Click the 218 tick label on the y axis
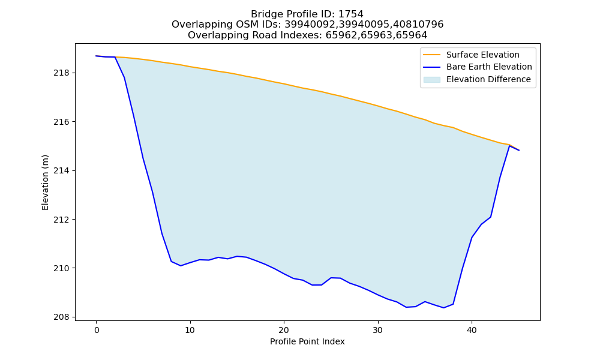[x=59, y=73]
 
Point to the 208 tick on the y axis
[x=74, y=317]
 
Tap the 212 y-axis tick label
[x=59, y=220]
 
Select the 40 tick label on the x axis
[x=472, y=330]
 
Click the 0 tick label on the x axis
[x=97, y=330]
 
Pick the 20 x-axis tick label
[x=284, y=330]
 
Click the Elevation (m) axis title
[x=45, y=182]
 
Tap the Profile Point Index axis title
[x=307, y=341]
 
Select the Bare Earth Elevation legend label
[x=489, y=67]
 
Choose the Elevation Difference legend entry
[x=488, y=80]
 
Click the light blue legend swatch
[x=431, y=80]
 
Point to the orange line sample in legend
[x=431, y=55]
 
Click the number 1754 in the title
[x=351, y=14]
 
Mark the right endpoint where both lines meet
[x=519, y=151]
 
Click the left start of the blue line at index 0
[x=97, y=56]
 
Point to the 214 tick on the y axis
[x=74, y=170]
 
